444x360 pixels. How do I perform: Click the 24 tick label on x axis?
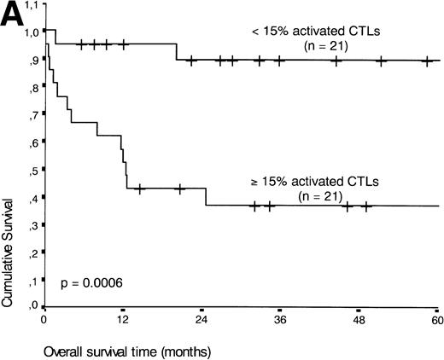click(x=202, y=320)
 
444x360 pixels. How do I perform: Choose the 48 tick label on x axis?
click(x=359, y=320)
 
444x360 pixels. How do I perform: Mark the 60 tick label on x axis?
click(x=437, y=320)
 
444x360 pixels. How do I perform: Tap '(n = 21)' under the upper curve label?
click(x=309, y=47)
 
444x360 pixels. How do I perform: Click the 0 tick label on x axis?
click(x=44, y=320)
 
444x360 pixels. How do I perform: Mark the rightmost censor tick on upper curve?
click(x=426, y=61)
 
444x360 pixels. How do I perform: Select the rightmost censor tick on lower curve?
click(x=366, y=206)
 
